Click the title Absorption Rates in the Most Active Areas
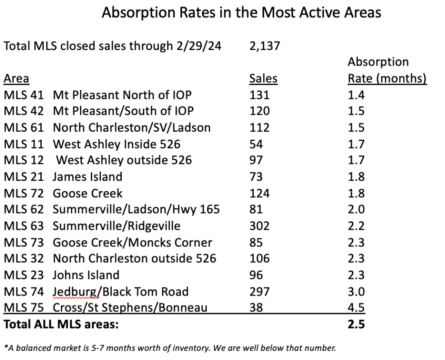(x=241, y=13)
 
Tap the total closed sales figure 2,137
(x=265, y=46)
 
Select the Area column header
(x=17, y=79)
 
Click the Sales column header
(x=263, y=79)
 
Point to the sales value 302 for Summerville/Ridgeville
(x=259, y=226)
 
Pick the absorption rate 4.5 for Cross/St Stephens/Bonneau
(x=356, y=308)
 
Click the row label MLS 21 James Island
(x=63, y=177)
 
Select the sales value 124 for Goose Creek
(x=259, y=193)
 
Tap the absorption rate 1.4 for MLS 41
(x=356, y=95)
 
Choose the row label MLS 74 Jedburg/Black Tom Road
(x=96, y=291)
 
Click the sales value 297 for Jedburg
(x=259, y=291)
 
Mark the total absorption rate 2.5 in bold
(x=356, y=324)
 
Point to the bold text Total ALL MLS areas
(x=61, y=324)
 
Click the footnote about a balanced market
(x=170, y=348)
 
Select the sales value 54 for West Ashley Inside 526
(x=256, y=144)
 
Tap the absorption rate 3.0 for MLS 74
(x=356, y=291)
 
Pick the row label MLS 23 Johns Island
(x=61, y=275)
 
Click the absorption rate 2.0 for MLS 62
(x=356, y=209)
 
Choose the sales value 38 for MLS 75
(x=256, y=308)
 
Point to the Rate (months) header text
(x=387, y=79)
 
